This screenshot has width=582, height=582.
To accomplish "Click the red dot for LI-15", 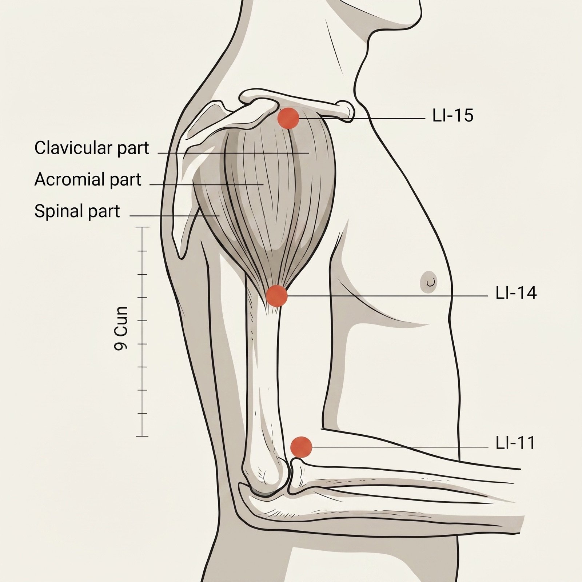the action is tap(288, 118).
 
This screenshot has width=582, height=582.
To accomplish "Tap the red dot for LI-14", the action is tap(277, 296).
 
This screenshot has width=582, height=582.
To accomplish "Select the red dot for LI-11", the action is tap(302, 447).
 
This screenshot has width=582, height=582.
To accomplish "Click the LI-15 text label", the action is tap(453, 116).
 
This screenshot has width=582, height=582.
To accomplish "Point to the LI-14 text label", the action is tap(516, 293).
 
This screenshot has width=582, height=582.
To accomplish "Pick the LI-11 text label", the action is tap(515, 443).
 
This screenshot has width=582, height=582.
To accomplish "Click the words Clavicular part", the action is tap(92, 148).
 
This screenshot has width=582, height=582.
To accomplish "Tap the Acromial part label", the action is tap(88, 180).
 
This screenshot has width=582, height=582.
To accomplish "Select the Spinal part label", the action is tap(77, 211).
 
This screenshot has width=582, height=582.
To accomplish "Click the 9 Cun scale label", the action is tap(121, 328).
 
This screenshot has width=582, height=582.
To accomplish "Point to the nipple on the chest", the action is tap(430, 281).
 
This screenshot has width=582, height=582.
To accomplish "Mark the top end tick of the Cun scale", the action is tap(143, 227).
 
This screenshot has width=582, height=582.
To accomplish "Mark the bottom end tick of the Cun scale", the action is tap(143, 436).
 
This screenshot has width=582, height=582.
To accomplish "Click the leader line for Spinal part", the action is tap(175, 216).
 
